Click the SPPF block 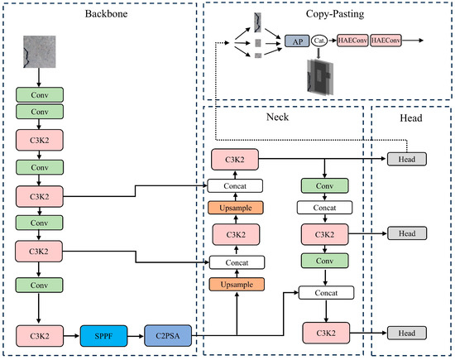tap(103, 336)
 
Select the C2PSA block tap(168, 336)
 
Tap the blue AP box tap(297, 41)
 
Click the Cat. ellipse tap(319, 41)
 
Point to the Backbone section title tap(106, 13)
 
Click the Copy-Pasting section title tap(335, 14)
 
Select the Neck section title tap(277, 117)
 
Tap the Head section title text tap(411, 118)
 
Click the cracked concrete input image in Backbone tap(40, 51)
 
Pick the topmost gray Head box tap(407, 159)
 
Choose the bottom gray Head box tap(407, 333)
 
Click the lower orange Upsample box tap(237, 285)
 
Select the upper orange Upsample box tap(236, 208)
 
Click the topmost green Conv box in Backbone tap(40, 94)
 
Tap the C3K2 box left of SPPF tap(40, 336)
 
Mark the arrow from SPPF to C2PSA tap(136, 336)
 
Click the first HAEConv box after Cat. tap(352, 41)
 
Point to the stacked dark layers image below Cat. tap(320, 77)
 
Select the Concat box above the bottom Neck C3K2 tap(326, 293)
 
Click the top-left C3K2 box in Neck tap(235, 160)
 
